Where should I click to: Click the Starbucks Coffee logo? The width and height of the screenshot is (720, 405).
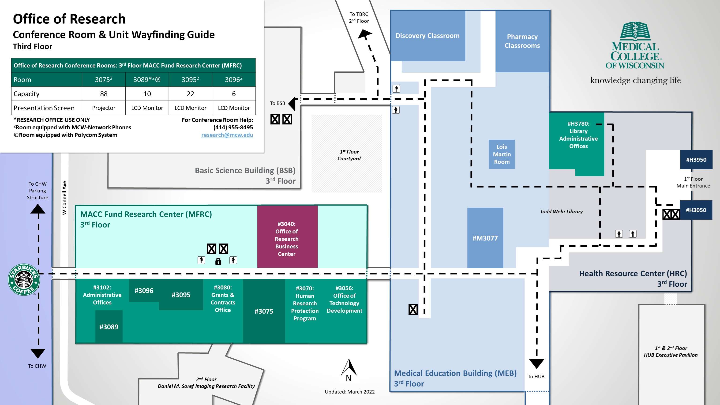(24, 280)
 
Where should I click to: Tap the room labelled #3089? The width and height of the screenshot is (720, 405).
(109, 327)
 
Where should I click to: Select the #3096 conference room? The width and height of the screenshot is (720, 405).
(144, 291)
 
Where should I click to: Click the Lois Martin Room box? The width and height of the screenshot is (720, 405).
(502, 154)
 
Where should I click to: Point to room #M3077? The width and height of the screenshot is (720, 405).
(485, 238)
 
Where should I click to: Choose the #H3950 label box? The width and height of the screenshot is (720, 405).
(696, 160)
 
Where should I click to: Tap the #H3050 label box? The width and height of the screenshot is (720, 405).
(696, 210)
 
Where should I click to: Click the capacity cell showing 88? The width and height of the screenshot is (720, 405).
(104, 94)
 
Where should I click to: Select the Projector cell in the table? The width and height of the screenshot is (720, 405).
(104, 108)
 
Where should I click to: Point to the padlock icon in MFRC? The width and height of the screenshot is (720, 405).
(218, 261)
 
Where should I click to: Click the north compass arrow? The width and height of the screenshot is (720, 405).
(349, 367)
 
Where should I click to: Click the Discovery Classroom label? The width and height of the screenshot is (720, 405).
(427, 36)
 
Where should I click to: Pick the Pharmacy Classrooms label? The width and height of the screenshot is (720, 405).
(522, 41)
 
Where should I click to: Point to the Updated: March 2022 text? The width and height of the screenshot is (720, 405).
(350, 392)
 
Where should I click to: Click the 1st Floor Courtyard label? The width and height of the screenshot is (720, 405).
(349, 155)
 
